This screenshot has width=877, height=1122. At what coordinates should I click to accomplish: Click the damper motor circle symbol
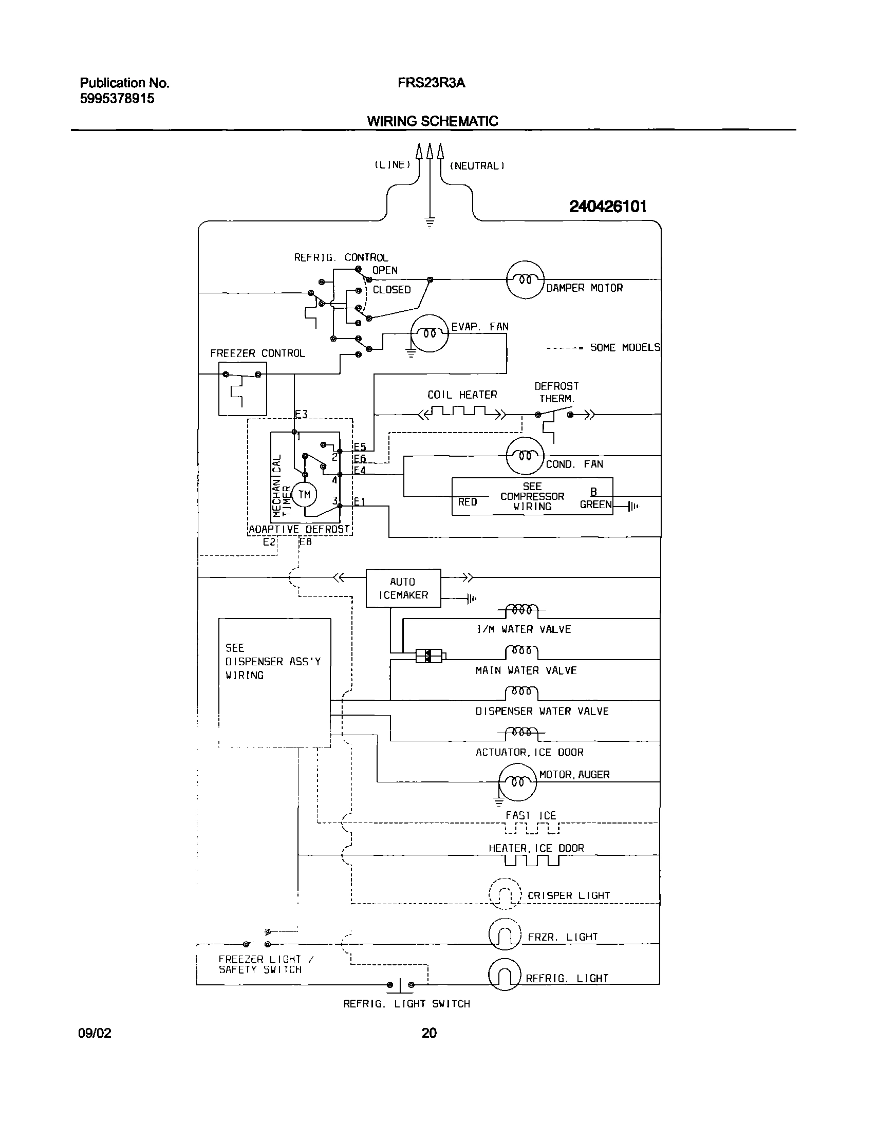525,279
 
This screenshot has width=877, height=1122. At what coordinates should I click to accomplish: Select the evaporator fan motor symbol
429,333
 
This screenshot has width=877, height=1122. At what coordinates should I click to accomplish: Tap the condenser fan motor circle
525,456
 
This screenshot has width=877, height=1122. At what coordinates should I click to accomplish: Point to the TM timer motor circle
304,495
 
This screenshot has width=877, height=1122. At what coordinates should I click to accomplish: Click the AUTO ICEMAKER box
403,588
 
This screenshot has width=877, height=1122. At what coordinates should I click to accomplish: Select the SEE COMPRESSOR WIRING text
532,496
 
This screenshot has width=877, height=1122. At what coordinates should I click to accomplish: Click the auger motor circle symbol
517,782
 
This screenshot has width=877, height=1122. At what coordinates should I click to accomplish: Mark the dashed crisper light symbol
505,894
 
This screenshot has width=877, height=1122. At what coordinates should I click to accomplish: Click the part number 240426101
607,207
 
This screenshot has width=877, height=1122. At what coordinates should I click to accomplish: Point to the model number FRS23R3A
431,83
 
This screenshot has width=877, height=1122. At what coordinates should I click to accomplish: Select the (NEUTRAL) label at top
477,165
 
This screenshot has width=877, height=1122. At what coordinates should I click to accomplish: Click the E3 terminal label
301,414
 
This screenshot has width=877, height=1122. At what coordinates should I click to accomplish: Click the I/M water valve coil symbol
522,610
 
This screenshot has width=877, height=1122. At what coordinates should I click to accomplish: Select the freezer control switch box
242,388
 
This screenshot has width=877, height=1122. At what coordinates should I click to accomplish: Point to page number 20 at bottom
429,1033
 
